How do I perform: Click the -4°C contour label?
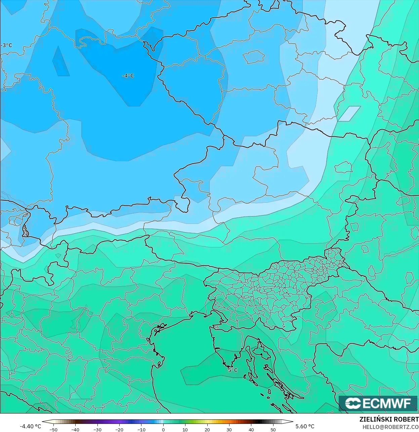128,76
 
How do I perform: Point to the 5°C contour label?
233,370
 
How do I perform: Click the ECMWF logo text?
386,403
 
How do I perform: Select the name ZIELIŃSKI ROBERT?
389,420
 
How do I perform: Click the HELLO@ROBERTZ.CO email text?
390,427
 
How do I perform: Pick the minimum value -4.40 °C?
30,426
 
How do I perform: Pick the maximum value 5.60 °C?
305,426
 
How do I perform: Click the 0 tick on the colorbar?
163,429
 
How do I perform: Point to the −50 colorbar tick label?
53,429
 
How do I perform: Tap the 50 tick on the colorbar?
273,429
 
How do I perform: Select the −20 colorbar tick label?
119,429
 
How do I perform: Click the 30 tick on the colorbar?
229,429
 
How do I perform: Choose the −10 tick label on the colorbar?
141,429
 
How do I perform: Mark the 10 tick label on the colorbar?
185,429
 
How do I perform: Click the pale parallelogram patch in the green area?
349,113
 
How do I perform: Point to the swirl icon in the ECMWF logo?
353,403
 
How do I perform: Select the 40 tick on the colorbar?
251,429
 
